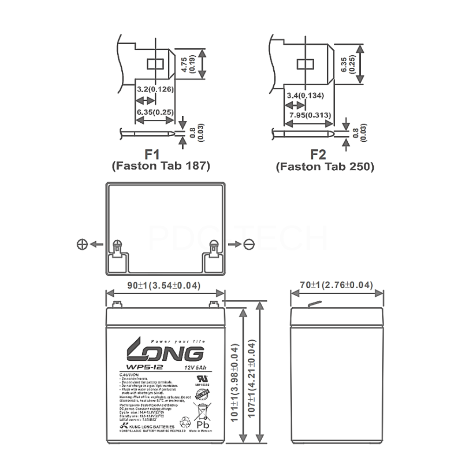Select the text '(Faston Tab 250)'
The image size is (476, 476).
[324, 166]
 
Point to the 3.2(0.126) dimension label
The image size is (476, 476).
[155, 89]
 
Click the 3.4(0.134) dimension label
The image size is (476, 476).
[305, 96]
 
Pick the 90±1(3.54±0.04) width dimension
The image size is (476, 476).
[165, 286]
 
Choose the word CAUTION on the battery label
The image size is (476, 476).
[127, 375]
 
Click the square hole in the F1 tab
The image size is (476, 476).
[153, 64]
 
